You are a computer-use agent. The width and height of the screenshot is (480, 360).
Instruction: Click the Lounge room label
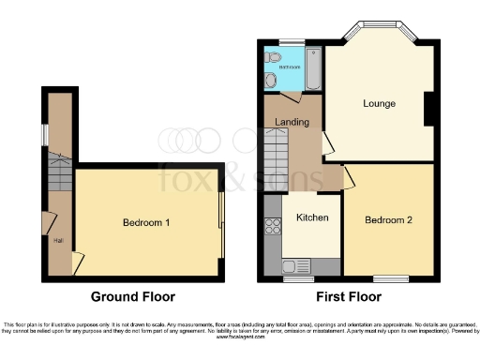(379, 103)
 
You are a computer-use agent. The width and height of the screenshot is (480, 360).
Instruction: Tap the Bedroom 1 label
(147, 222)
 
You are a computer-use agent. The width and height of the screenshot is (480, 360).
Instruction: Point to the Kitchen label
(312, 217)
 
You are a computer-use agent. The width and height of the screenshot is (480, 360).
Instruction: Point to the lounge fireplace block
(428, 108)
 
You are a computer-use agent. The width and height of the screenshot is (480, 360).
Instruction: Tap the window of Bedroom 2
(388, 278)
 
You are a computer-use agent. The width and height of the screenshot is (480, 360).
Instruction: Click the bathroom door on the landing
(292, 97)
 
